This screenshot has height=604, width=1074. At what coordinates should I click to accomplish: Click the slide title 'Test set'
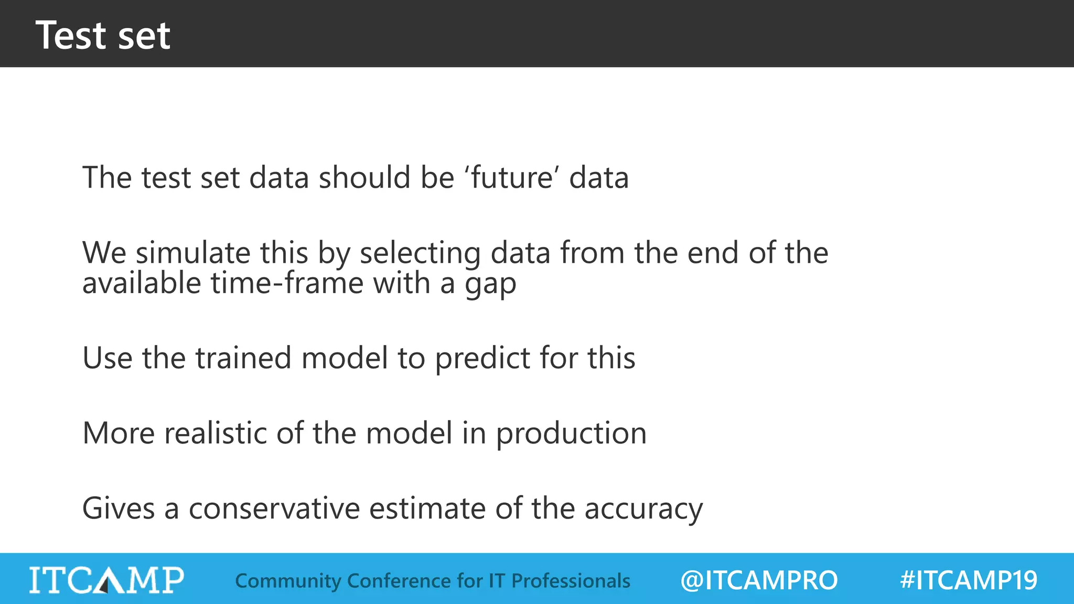pos(103,35)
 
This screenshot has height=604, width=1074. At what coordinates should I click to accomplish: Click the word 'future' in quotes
pos(511,177)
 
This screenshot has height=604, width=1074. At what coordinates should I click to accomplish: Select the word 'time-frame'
pos(287,283)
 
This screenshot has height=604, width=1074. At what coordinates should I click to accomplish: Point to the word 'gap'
pos(490,285)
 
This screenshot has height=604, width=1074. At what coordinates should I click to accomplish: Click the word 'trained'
pos(243,358)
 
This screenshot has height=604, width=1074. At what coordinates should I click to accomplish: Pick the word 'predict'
pos(483,359)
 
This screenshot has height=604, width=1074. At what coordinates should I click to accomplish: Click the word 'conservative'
pos(274,509)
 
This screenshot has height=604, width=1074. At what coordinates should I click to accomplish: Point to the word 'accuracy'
pos(643,510)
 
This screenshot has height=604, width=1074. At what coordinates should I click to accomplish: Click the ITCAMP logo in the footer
pos(106,580)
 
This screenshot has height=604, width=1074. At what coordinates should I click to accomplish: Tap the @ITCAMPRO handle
pos(759,580)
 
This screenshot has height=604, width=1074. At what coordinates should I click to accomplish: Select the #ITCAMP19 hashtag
pos(969,580)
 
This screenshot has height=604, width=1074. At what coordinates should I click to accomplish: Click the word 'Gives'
pos(119,509)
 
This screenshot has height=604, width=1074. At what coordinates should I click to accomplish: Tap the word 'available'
pos(142,283)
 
